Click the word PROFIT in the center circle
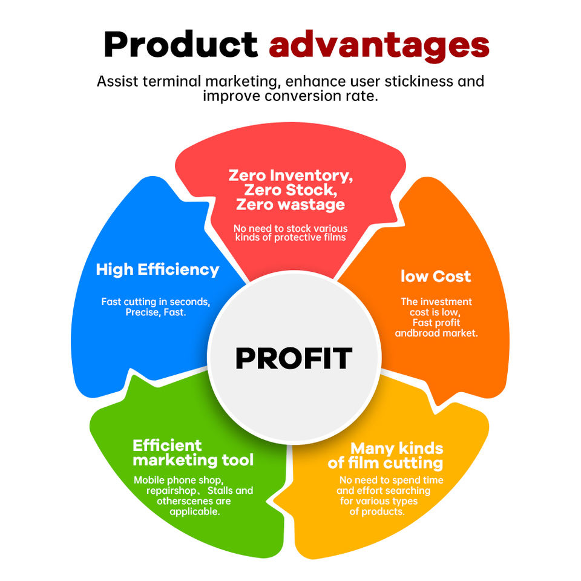point(294,358)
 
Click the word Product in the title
point(181,44)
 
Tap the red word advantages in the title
point(379,47)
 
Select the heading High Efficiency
point(157,270)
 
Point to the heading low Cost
point(436,277)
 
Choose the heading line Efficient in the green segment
point(167,445)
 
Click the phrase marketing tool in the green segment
point(193,460)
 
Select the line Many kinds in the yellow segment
point(397,448)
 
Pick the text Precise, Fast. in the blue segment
point(156,312)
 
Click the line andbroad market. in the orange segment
point(436,333)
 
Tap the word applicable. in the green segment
point(195,512)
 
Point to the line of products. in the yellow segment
point(377,512)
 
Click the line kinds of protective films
point(290,237)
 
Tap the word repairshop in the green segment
point(171,491)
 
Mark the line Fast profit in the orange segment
point(436,323)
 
